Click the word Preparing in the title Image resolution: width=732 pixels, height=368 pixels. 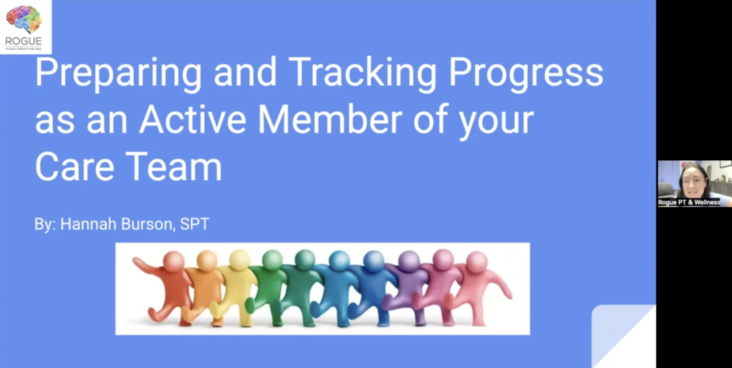click(x=118, y=72)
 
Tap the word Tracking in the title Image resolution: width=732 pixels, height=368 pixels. click(x=362, y=72)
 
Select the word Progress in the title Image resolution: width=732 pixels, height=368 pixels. click(x=526, y=72)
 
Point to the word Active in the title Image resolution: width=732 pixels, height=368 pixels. click(x=192, y=119)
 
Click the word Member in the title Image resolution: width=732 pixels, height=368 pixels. click(x=330, y=119)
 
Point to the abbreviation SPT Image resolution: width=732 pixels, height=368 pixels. click(x=195, y=224)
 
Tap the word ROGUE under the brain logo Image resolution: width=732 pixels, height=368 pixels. click(x=24, y=41)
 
